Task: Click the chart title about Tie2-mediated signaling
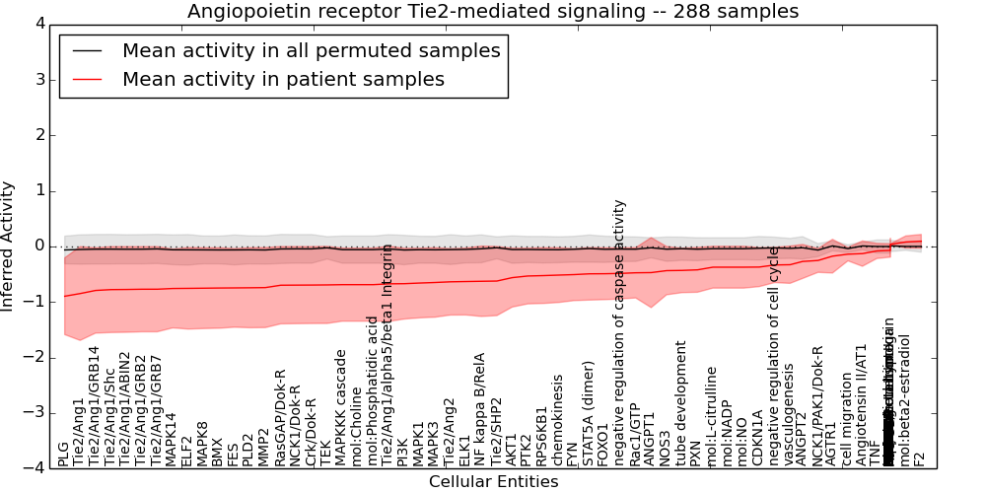click(x=493, y=11)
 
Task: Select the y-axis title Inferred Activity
click(x=9, y=246)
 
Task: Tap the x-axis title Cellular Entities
click(x=493, y=482)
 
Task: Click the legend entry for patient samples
click(x=283, y=79)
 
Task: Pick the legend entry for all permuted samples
click(x=311, y=50)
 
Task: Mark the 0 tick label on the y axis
click(x=38, y=246)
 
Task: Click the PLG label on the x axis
click(x=64, y=454)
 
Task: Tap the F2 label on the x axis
click(x=920, y=458)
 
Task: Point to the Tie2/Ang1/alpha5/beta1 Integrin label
click(x=387, y=355)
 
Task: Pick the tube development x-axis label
click(x=680, y=403)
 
